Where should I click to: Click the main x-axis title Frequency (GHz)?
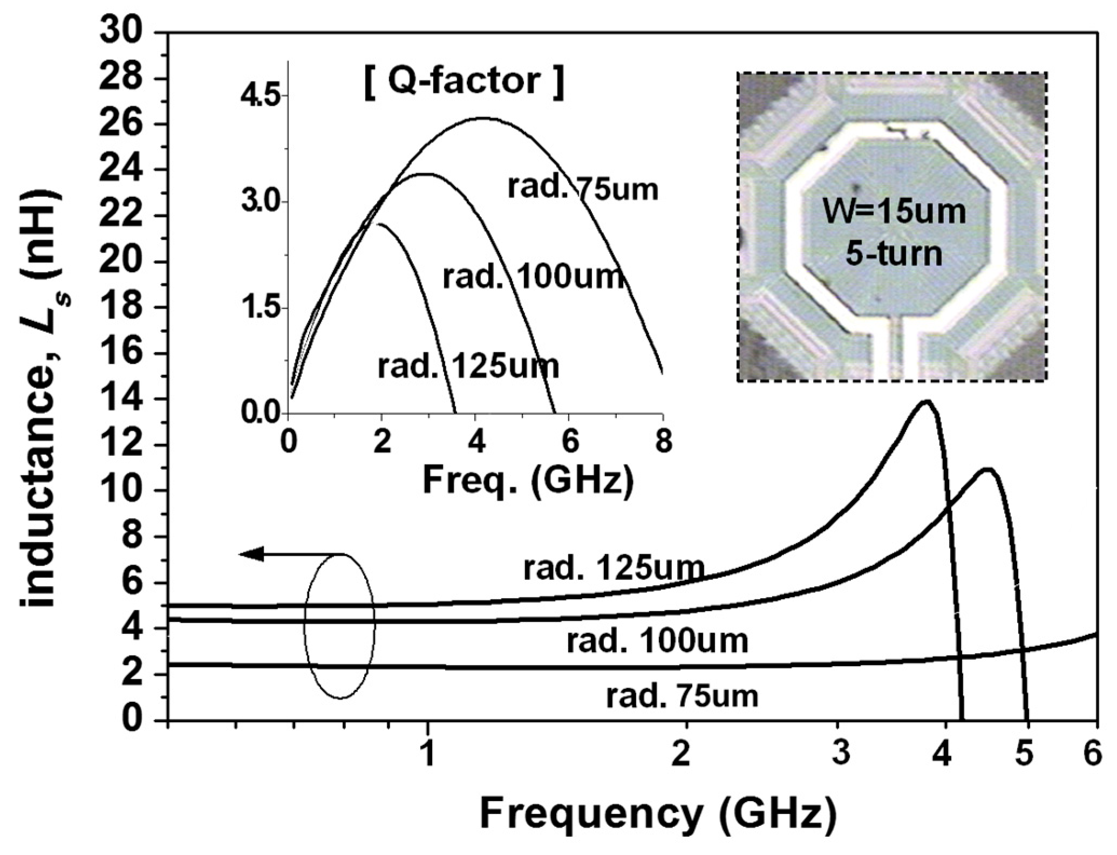coord(658,815)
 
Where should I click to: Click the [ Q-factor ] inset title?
coord(464,82)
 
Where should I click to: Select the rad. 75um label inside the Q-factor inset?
coord(583,189)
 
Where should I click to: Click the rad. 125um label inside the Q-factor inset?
coord(468,367)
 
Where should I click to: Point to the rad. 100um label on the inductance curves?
coord(657,641)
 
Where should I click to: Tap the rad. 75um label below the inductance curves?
coord(682,696)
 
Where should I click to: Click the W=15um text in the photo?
coord(894,211)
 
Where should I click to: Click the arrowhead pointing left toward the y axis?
coord(251,554)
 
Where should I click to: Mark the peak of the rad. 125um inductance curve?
coord(927,401)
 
